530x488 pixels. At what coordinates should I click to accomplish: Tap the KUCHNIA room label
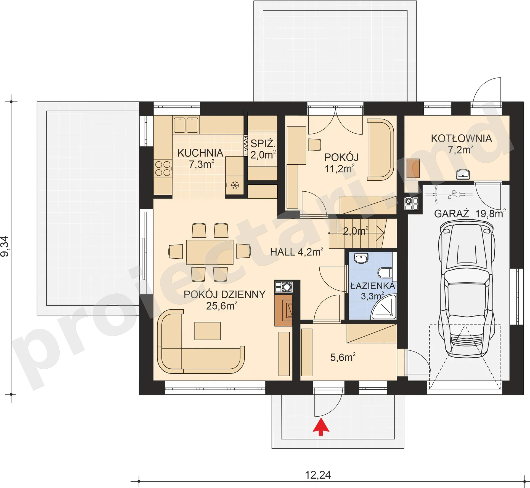pos(200,153)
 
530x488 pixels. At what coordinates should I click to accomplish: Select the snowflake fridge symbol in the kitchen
pos(235,185)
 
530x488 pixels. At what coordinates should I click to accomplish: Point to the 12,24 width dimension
pos(318,475)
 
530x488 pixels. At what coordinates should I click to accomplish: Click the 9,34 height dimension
pos(5,246)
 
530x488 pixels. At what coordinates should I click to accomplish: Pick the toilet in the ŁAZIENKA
pos(385,273)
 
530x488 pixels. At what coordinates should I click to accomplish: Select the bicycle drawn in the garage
pos(449,194)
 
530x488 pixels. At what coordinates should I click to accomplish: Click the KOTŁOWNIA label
pos(461,138)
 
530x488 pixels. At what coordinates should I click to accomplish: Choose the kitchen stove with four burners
pos(163,168)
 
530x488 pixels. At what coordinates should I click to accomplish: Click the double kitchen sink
pos(186,125)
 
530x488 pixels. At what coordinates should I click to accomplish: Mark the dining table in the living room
pos(210,252)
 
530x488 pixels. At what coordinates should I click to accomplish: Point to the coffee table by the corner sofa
pos(207,331)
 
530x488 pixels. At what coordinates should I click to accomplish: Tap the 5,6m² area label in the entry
pos(343,357)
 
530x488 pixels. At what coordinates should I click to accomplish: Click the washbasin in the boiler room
pos(463,174)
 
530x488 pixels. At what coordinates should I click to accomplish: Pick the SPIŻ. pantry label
pos(263,144)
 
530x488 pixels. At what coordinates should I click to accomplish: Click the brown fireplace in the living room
pos(283,310)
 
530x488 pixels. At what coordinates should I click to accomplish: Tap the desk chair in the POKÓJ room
pos(314,145)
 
